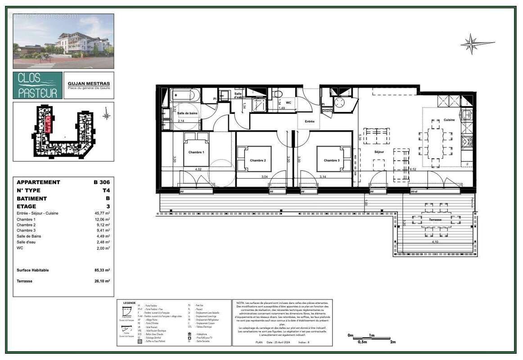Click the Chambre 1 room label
click(196, 152)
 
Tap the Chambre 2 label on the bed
click(258, 161)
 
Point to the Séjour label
click(379, 152)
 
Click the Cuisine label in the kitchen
click(449, 120)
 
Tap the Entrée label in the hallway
click(310, 121)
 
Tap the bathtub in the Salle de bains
click(186, 95)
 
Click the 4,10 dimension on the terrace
click(435, 242)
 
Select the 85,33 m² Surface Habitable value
click(101, 270)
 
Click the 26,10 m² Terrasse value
click(102, 281)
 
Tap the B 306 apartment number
click(102, 182)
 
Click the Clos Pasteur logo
click(38, 85)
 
